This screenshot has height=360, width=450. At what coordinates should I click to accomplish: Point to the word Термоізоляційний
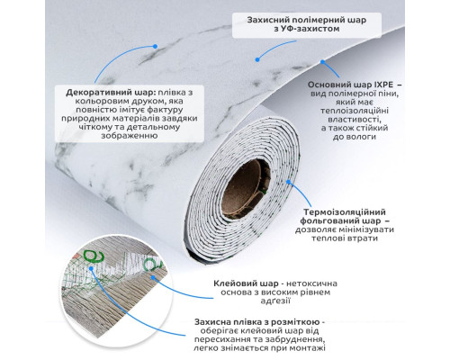tap(345, 212)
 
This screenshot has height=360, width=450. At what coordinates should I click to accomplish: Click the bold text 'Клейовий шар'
tap(246, 283)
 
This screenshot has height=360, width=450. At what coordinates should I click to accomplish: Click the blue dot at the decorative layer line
tap(155, 47)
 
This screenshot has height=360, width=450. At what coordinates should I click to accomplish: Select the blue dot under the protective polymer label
tap(257, 59)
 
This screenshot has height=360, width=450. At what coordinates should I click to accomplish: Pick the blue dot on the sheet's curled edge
tap(322, 62)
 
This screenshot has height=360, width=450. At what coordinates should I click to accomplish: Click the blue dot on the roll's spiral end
tap(289, 182)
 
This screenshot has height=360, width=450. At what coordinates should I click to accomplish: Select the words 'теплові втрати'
tap(345, 238)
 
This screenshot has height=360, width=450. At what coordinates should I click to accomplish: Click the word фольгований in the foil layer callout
tap(329, 221)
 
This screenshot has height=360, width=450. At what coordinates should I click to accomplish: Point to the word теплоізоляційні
tap(355, 111)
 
